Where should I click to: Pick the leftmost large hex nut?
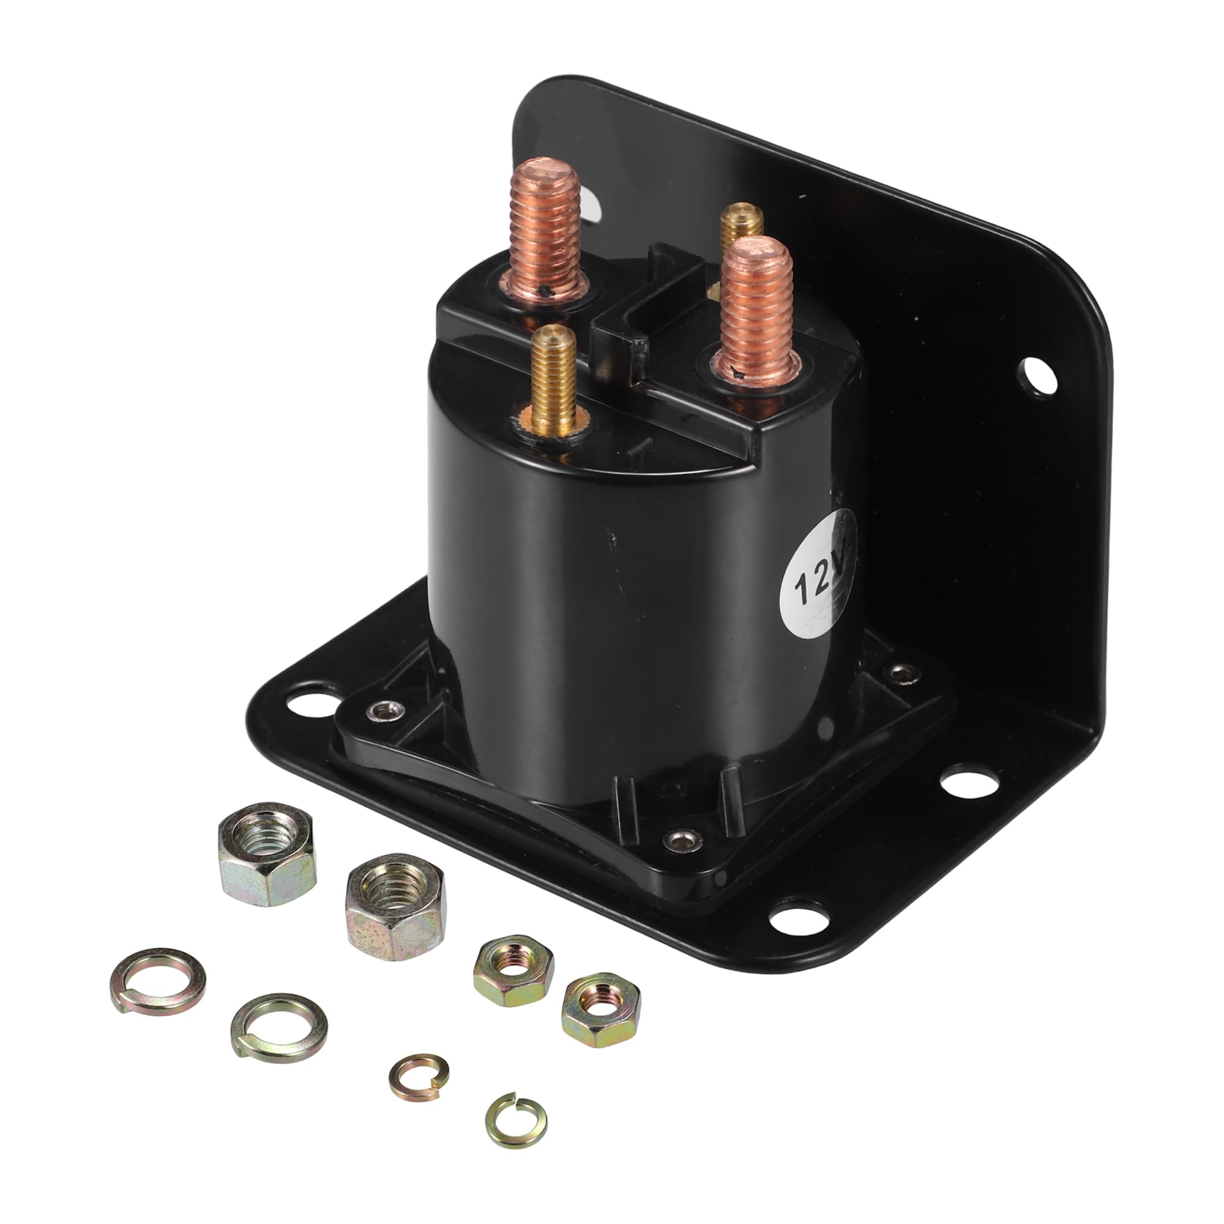pos(267,854)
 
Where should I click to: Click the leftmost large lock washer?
pos(158,988)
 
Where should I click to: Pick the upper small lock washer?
pos(419,1077)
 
